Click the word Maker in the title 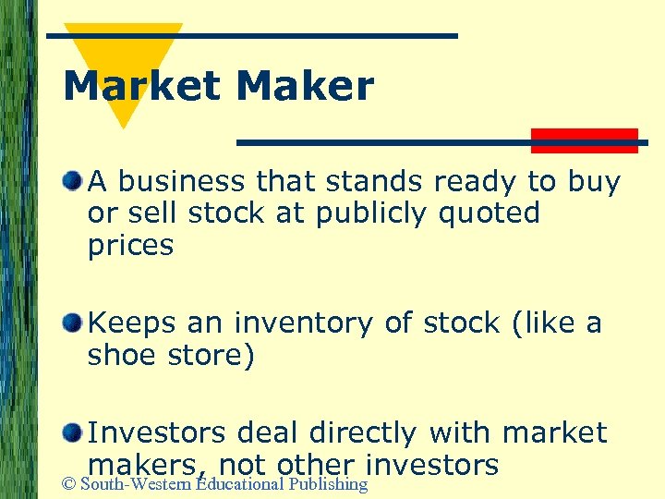click(x=305, y=87)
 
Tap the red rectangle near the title click(x=584, y=140)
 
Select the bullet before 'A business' click(x=72, y=179)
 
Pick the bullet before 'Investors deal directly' click(x=72, y=431)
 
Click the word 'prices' click(x=130, y=246)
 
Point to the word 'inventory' click(x=332, y=323)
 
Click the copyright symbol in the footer click(x=70, y=485)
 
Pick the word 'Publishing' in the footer click(x=328, y=485)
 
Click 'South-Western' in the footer click(x=138, y=485)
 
